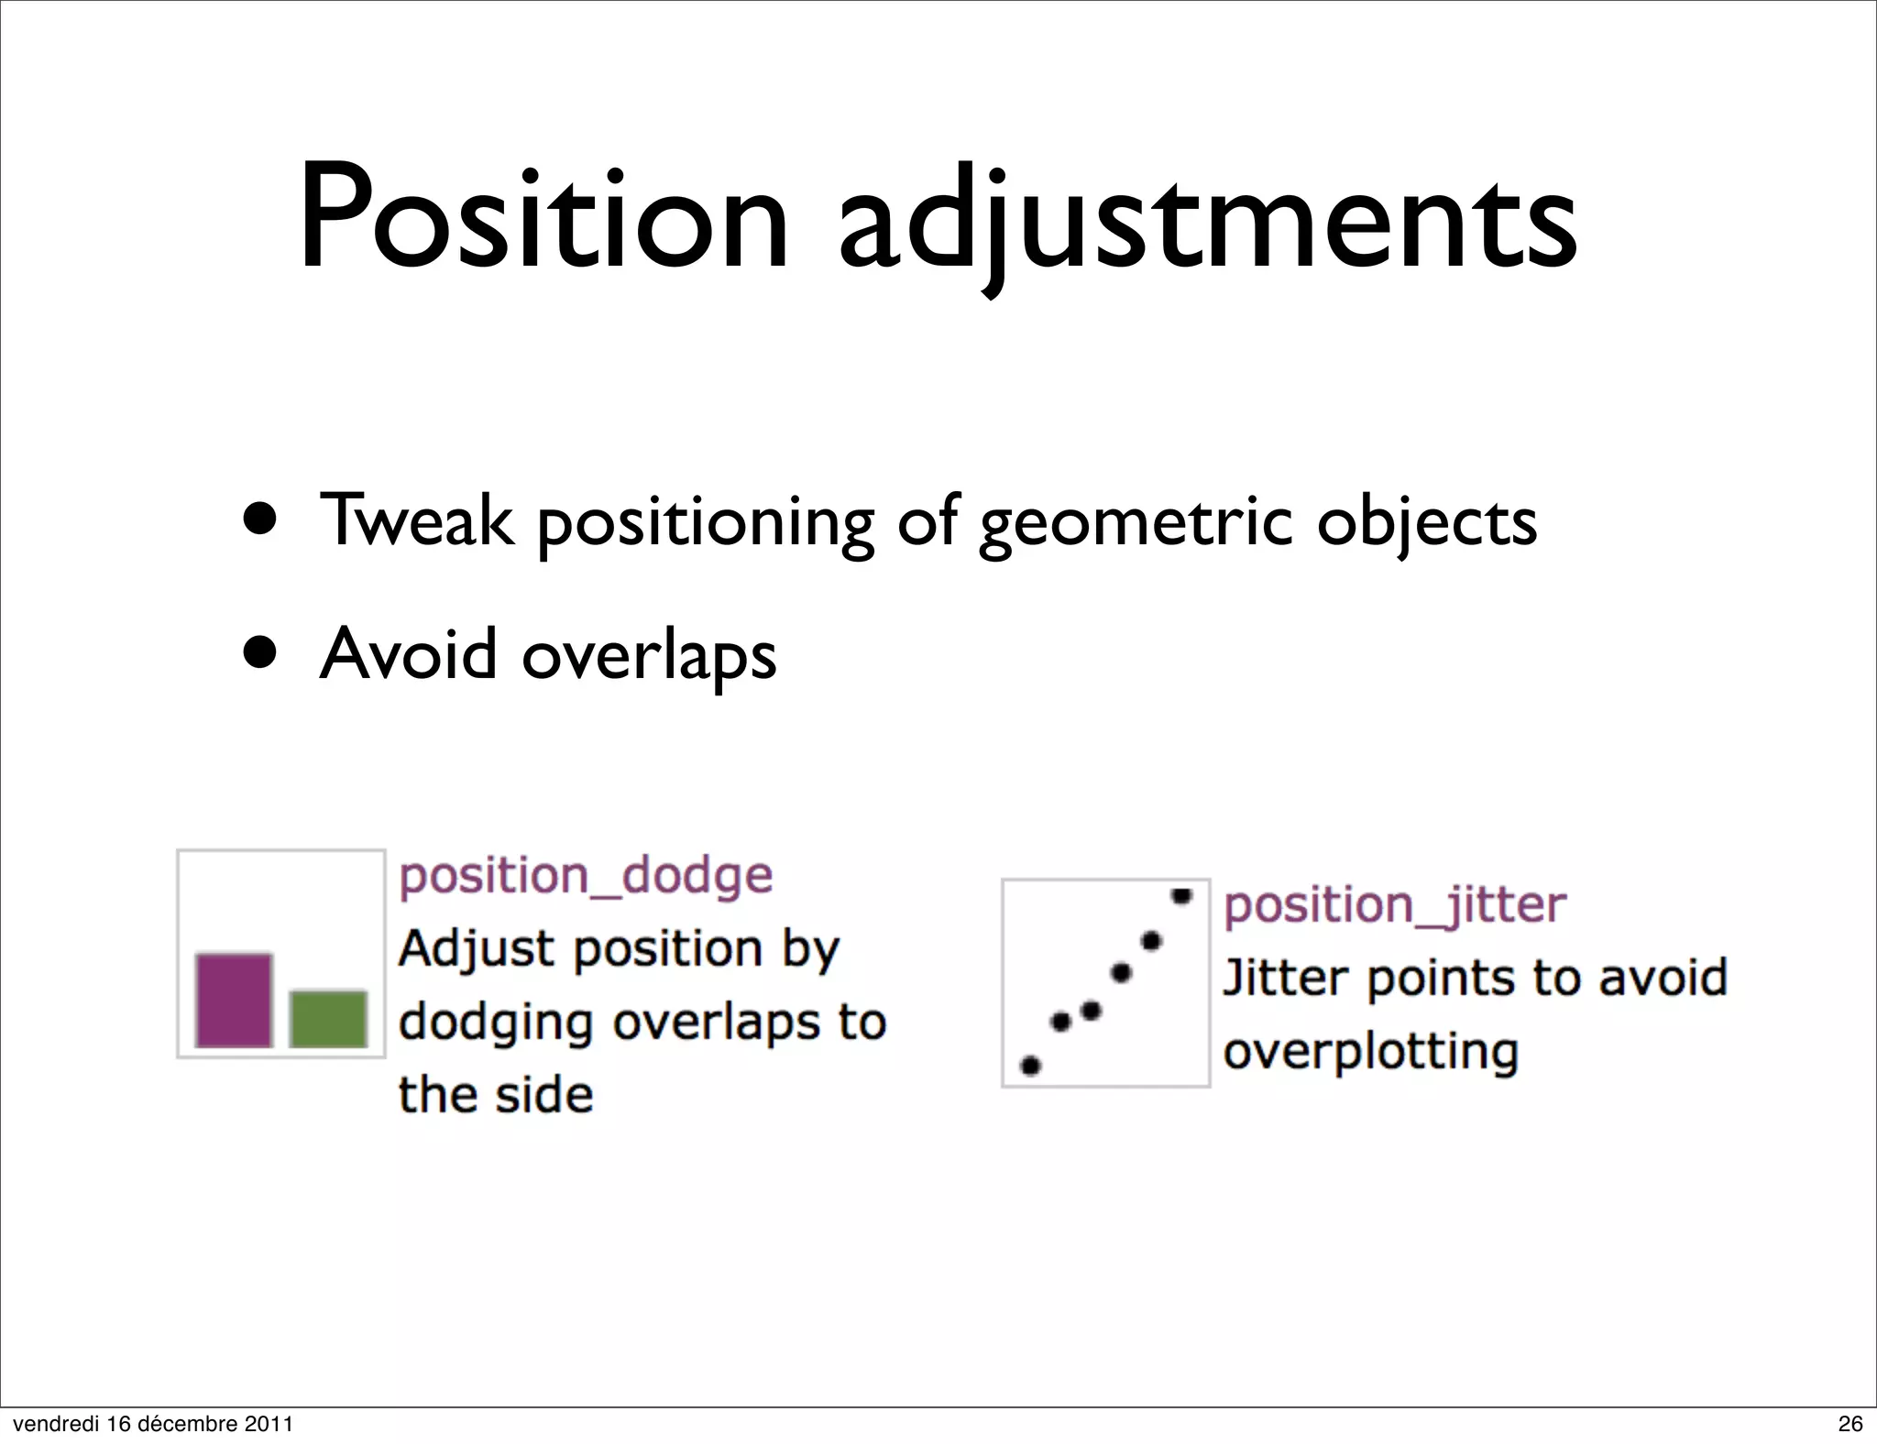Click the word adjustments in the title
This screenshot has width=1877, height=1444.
[1208, 224]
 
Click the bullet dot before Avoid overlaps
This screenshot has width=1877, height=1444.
[261, 652]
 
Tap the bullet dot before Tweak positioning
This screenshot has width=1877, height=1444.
[261, 520]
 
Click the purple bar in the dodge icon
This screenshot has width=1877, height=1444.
[234, 1000]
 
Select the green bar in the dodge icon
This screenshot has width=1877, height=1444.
[328, 1018]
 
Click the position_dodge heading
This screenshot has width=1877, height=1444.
[586, 876]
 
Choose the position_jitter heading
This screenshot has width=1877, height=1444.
[1394, 906]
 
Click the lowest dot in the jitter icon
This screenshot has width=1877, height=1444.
[1030, 1066]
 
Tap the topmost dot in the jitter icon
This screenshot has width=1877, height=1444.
[1181, 895]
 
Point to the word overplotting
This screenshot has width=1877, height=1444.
[1370, 1052]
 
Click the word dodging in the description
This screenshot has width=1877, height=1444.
[496, 1023]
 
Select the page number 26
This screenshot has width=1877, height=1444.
[1850, 1423]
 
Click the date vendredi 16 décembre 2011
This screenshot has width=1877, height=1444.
[153, 1423]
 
